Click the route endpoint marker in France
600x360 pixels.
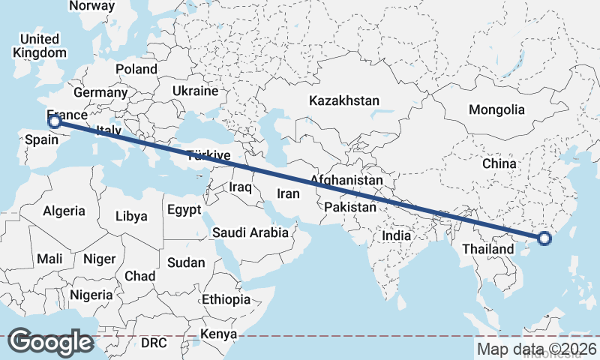tap(54, 120)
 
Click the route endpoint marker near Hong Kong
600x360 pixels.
tap(544, 239)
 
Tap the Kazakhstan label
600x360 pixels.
tap(344, 100)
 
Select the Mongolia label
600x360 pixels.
tap(496, 109)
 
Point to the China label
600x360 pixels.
tap(499, 163)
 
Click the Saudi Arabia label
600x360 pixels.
tap(250, 232)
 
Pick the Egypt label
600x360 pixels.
tap(184, 209)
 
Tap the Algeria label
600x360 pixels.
tap(64, 211)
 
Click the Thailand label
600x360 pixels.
tap(488, 249)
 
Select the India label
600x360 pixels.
tap(396, 235)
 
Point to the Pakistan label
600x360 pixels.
tap(349, 206)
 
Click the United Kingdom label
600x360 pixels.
tap(39, 46)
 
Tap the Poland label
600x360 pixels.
tap(136, 69)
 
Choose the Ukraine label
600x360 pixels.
tap(195, 91)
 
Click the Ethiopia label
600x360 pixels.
tap(226, 299)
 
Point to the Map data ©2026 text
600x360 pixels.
tap(537, 349)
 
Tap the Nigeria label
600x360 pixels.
tap(91, 295)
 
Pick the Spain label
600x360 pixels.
tap(40, 140)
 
